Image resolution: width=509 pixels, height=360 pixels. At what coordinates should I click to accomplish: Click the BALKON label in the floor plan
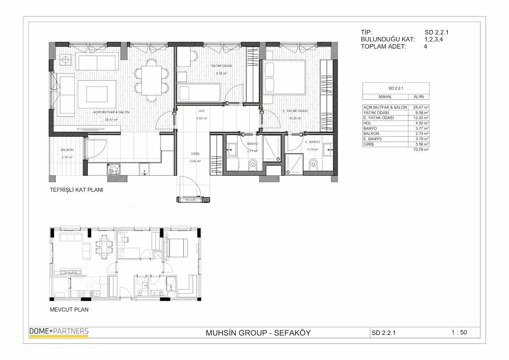(x=67, y=150)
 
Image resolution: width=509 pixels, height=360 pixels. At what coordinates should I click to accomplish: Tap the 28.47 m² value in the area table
(x=421, y=107)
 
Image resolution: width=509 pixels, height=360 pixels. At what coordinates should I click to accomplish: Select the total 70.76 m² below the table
(x=421, y=150)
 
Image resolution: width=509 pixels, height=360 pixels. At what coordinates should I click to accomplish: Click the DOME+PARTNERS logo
(x=59, y=332)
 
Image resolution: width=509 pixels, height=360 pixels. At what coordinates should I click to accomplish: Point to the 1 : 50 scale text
(x=459, y=333)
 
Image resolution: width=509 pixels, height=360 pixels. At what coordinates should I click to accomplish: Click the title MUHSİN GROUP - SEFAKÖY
(x=258, y=333)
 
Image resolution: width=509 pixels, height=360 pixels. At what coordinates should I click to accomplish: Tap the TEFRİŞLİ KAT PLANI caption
(x=76, y=190)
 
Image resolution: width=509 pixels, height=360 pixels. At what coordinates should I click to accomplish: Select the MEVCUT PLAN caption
(x=69, y=310)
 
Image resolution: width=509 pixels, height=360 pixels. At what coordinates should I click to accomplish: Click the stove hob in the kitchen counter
(x=114, y=169)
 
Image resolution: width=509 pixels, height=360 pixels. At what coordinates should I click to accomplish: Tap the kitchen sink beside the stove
(x=144, y=169)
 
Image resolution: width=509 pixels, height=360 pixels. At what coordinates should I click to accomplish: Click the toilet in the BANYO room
(x=253, y=164)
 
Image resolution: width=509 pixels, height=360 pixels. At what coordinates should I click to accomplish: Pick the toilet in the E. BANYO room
(x=313, y=164)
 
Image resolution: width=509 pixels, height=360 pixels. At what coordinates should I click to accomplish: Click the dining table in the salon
(x=152, y=80)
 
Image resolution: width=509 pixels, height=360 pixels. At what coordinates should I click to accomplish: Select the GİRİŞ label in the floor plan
(x=195, y=154)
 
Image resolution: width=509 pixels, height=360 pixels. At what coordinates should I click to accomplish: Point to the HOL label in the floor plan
(x=202, y=111)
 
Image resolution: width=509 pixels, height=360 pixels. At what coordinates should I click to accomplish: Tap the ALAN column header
(x=419, y=97)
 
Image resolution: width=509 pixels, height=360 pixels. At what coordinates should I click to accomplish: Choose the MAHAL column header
(x=385, y=97)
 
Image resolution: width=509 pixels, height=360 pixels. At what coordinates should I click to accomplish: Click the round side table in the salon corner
(x=65, y=60)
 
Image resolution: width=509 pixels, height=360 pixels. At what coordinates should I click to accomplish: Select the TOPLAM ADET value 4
(x=425, y=47)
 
